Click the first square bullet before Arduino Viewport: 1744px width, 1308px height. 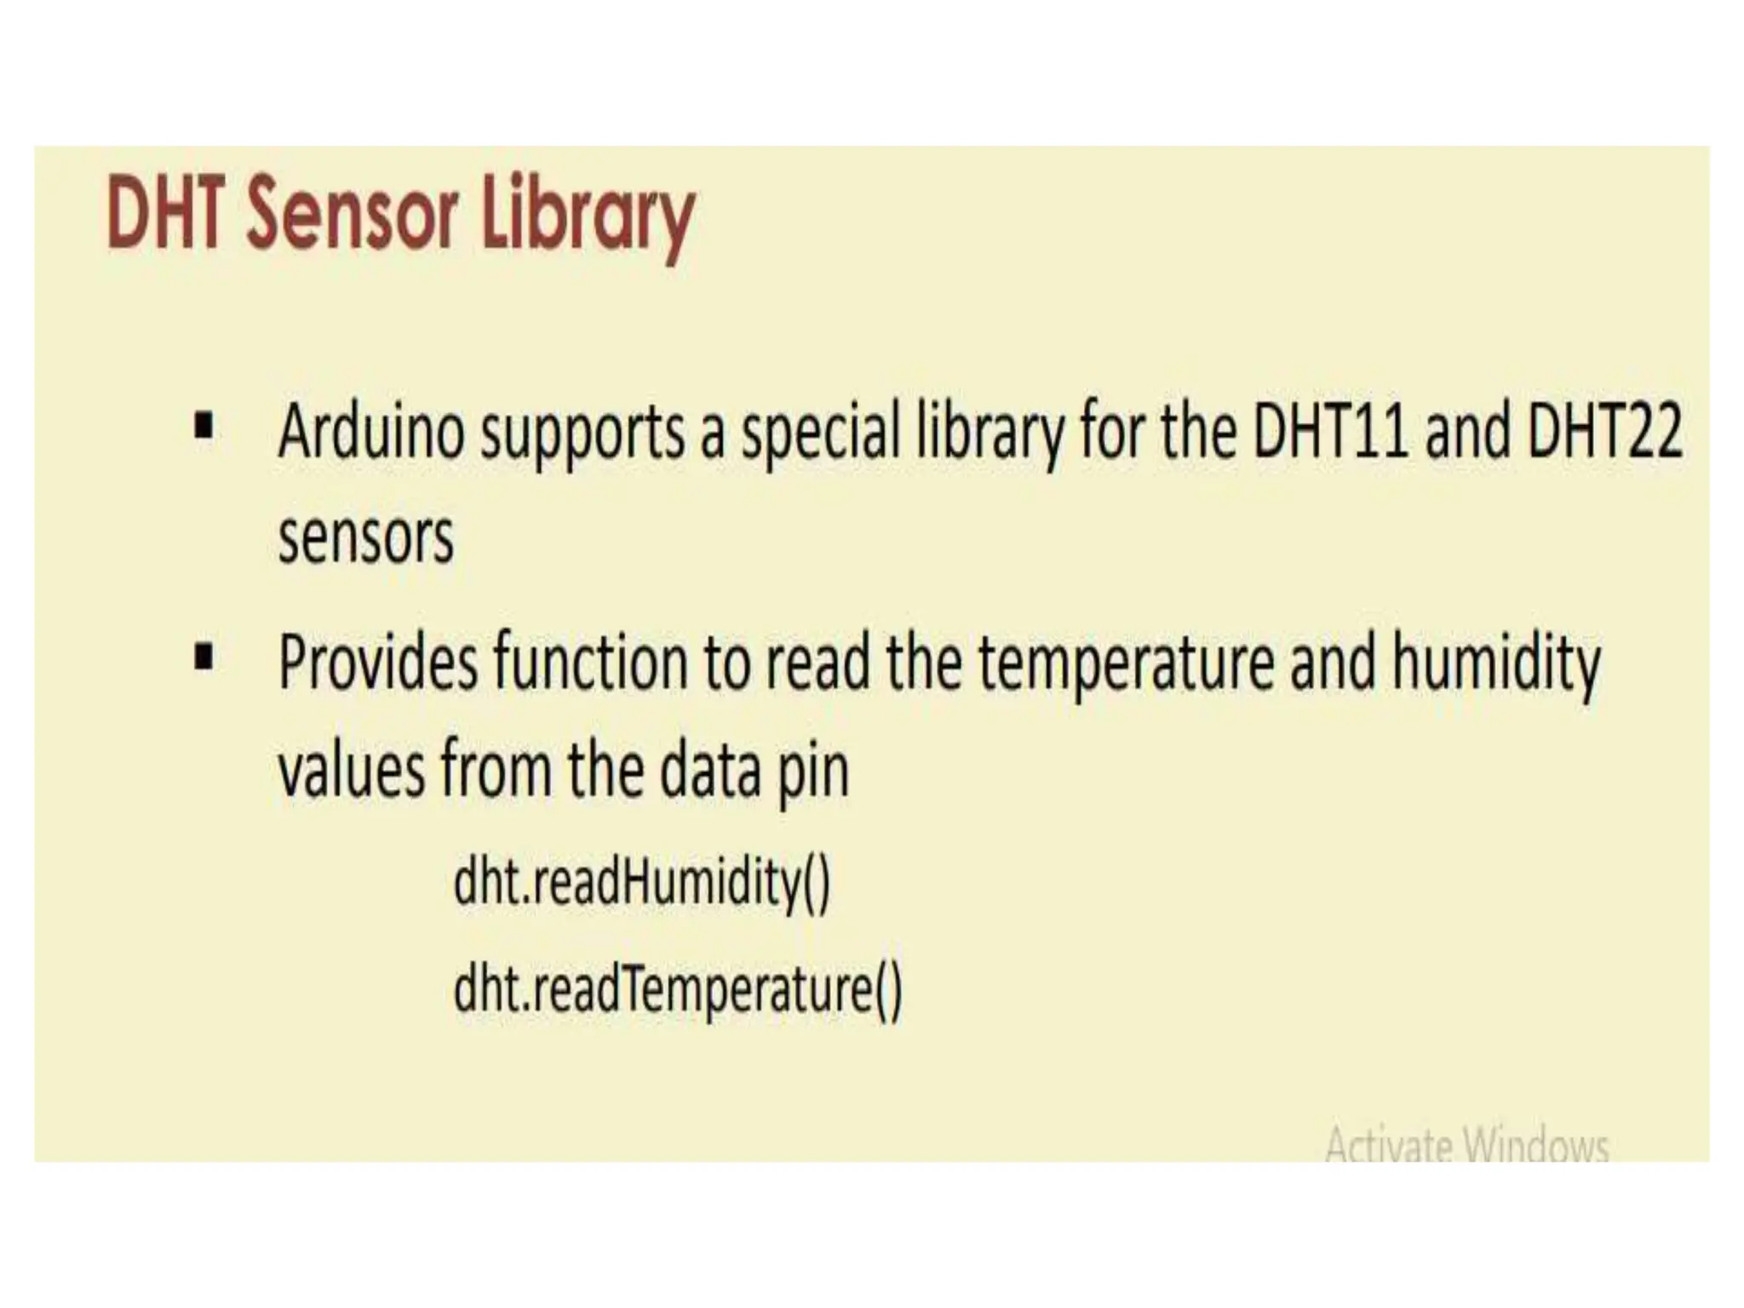[204, 425]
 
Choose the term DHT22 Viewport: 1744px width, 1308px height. [1605, 431]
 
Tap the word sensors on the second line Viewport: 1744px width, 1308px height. [366, 538]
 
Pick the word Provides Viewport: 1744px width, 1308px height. [378, 663]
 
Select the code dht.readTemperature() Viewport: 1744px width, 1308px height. [677, 990]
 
